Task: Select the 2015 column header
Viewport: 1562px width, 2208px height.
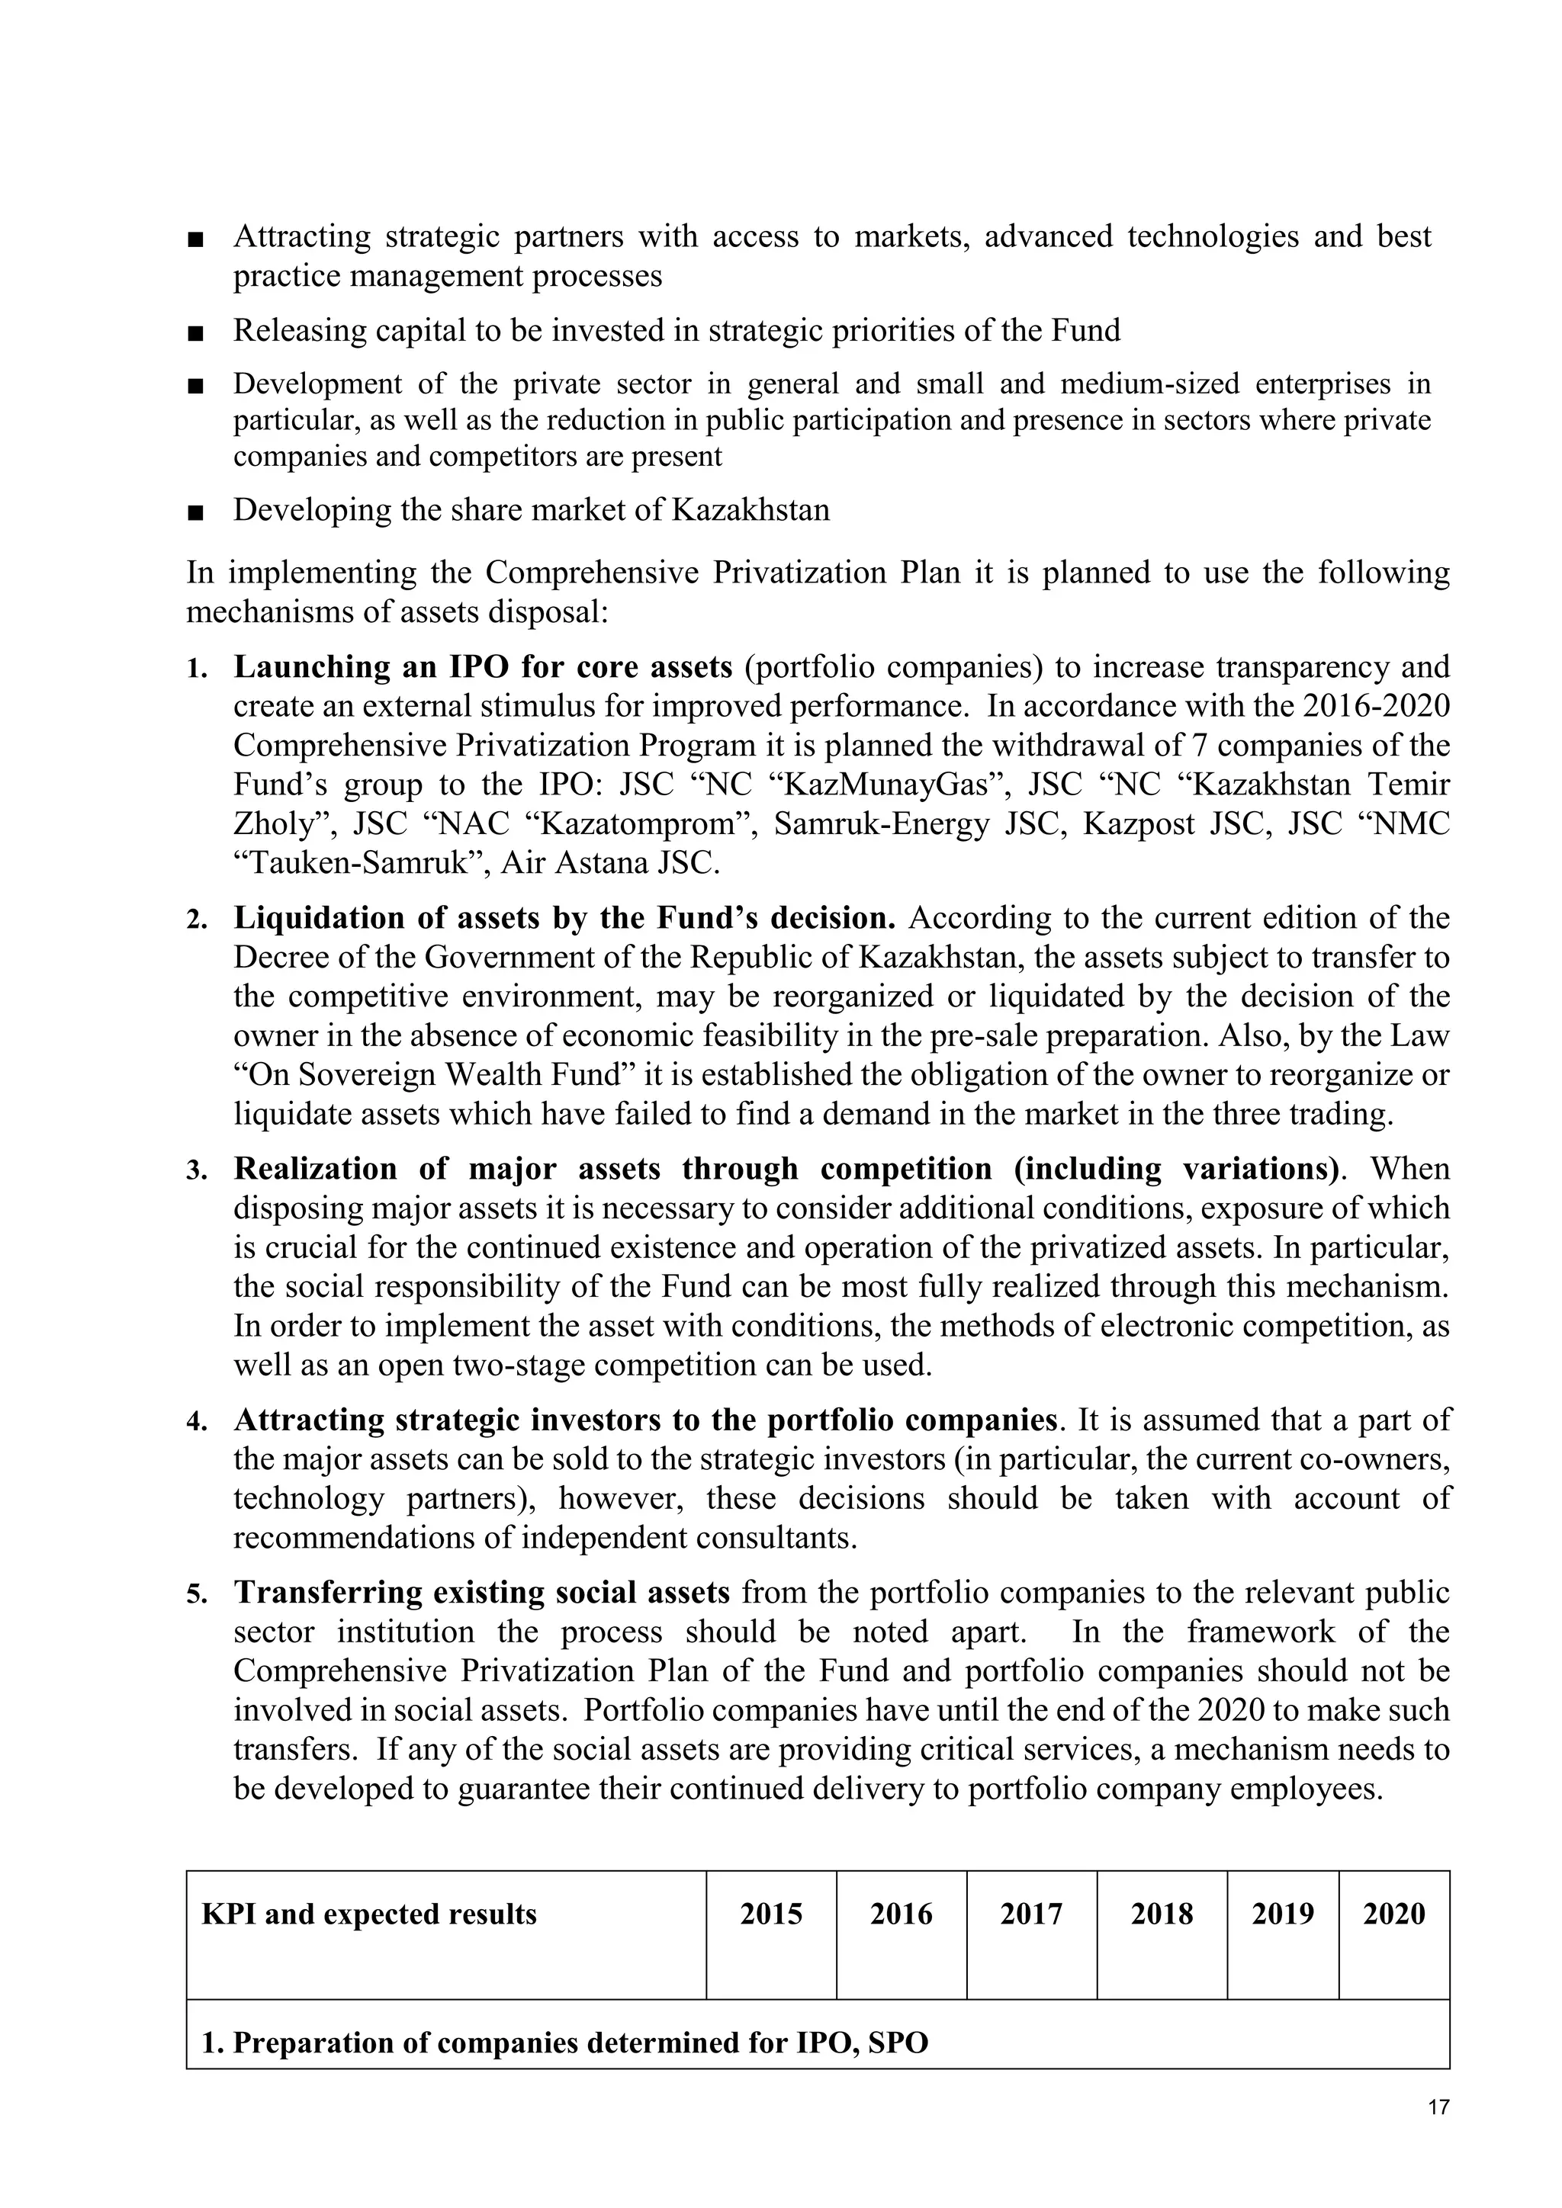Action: pos(770,1914)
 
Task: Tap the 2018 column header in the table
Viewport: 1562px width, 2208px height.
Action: pos(1161,1914)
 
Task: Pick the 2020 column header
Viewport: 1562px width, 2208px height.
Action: pos(1393,1914)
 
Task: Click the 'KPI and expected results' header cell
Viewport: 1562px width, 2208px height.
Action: pos(368,1914)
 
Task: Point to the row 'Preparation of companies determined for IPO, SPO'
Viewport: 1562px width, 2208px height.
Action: pos(564,2043)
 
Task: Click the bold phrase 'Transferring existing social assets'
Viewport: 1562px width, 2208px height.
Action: pos(482,1593)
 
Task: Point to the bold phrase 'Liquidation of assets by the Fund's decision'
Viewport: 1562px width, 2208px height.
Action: pos(564,919)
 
